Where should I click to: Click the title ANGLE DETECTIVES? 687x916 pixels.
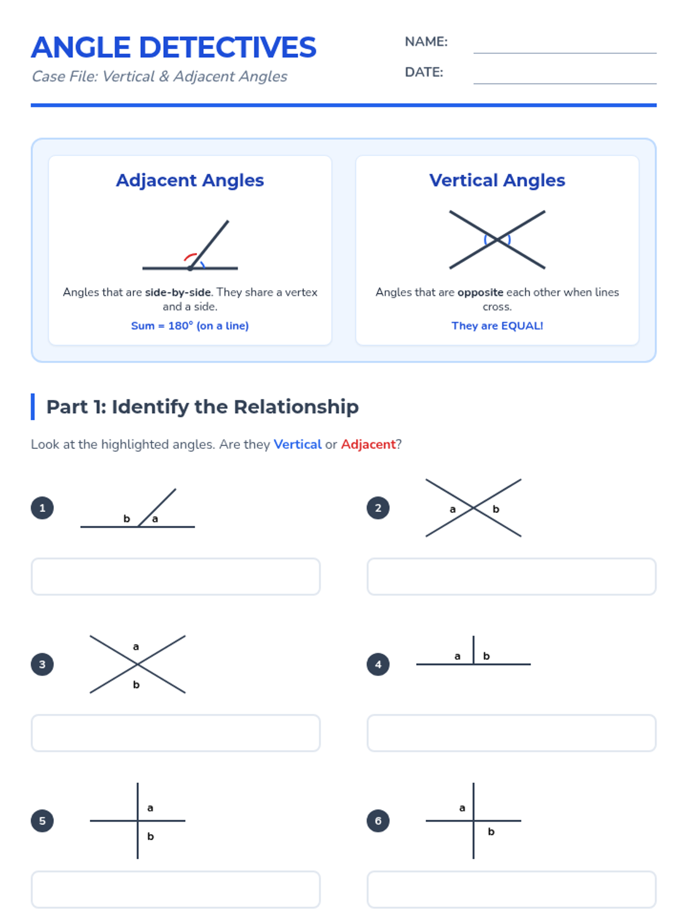(173, 47)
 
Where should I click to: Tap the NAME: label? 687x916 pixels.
(426, 42)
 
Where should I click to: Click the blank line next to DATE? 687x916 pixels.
(564, 84)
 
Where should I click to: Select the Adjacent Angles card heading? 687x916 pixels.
(190, 180)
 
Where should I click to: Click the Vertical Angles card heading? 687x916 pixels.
(497, 180)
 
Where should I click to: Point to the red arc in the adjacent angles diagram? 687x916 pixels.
(190, 255)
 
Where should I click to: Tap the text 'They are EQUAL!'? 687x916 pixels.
(497, 326)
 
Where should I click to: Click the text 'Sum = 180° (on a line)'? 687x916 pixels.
(190, 326)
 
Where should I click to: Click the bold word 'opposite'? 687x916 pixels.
(480, 293)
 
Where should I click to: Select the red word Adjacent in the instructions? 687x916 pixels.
(368, 444)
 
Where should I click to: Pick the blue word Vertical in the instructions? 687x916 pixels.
(297, 444)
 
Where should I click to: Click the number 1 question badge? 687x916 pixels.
(42, 508)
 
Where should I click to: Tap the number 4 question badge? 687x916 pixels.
(378, 664)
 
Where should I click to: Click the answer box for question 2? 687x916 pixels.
(511, 577)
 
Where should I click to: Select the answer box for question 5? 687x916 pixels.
(176, 889)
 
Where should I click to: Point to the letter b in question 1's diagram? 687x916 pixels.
(127, 518)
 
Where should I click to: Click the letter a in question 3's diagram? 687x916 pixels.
(136, 647)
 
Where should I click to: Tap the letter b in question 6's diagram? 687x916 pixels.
(491, 832)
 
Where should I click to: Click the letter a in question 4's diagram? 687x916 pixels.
(457, 657)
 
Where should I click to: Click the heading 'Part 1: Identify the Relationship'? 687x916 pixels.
(202, 407)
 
